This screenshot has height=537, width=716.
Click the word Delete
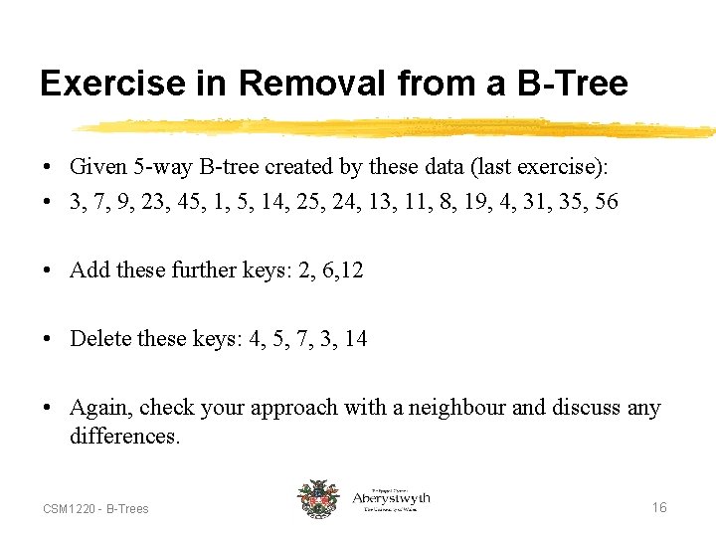(100, 339)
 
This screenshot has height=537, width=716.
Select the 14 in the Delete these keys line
(355, 339)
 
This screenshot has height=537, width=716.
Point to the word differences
(123, 437)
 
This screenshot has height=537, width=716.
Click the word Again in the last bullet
(101, 408)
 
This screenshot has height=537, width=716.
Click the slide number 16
(658, 508)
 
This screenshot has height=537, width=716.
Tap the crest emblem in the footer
(318, 499)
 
